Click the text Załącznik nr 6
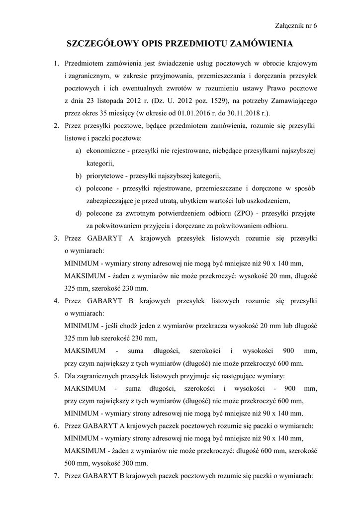(295, 26)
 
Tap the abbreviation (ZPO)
(244, 213)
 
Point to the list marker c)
(79, 188)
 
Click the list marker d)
(79, 213)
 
